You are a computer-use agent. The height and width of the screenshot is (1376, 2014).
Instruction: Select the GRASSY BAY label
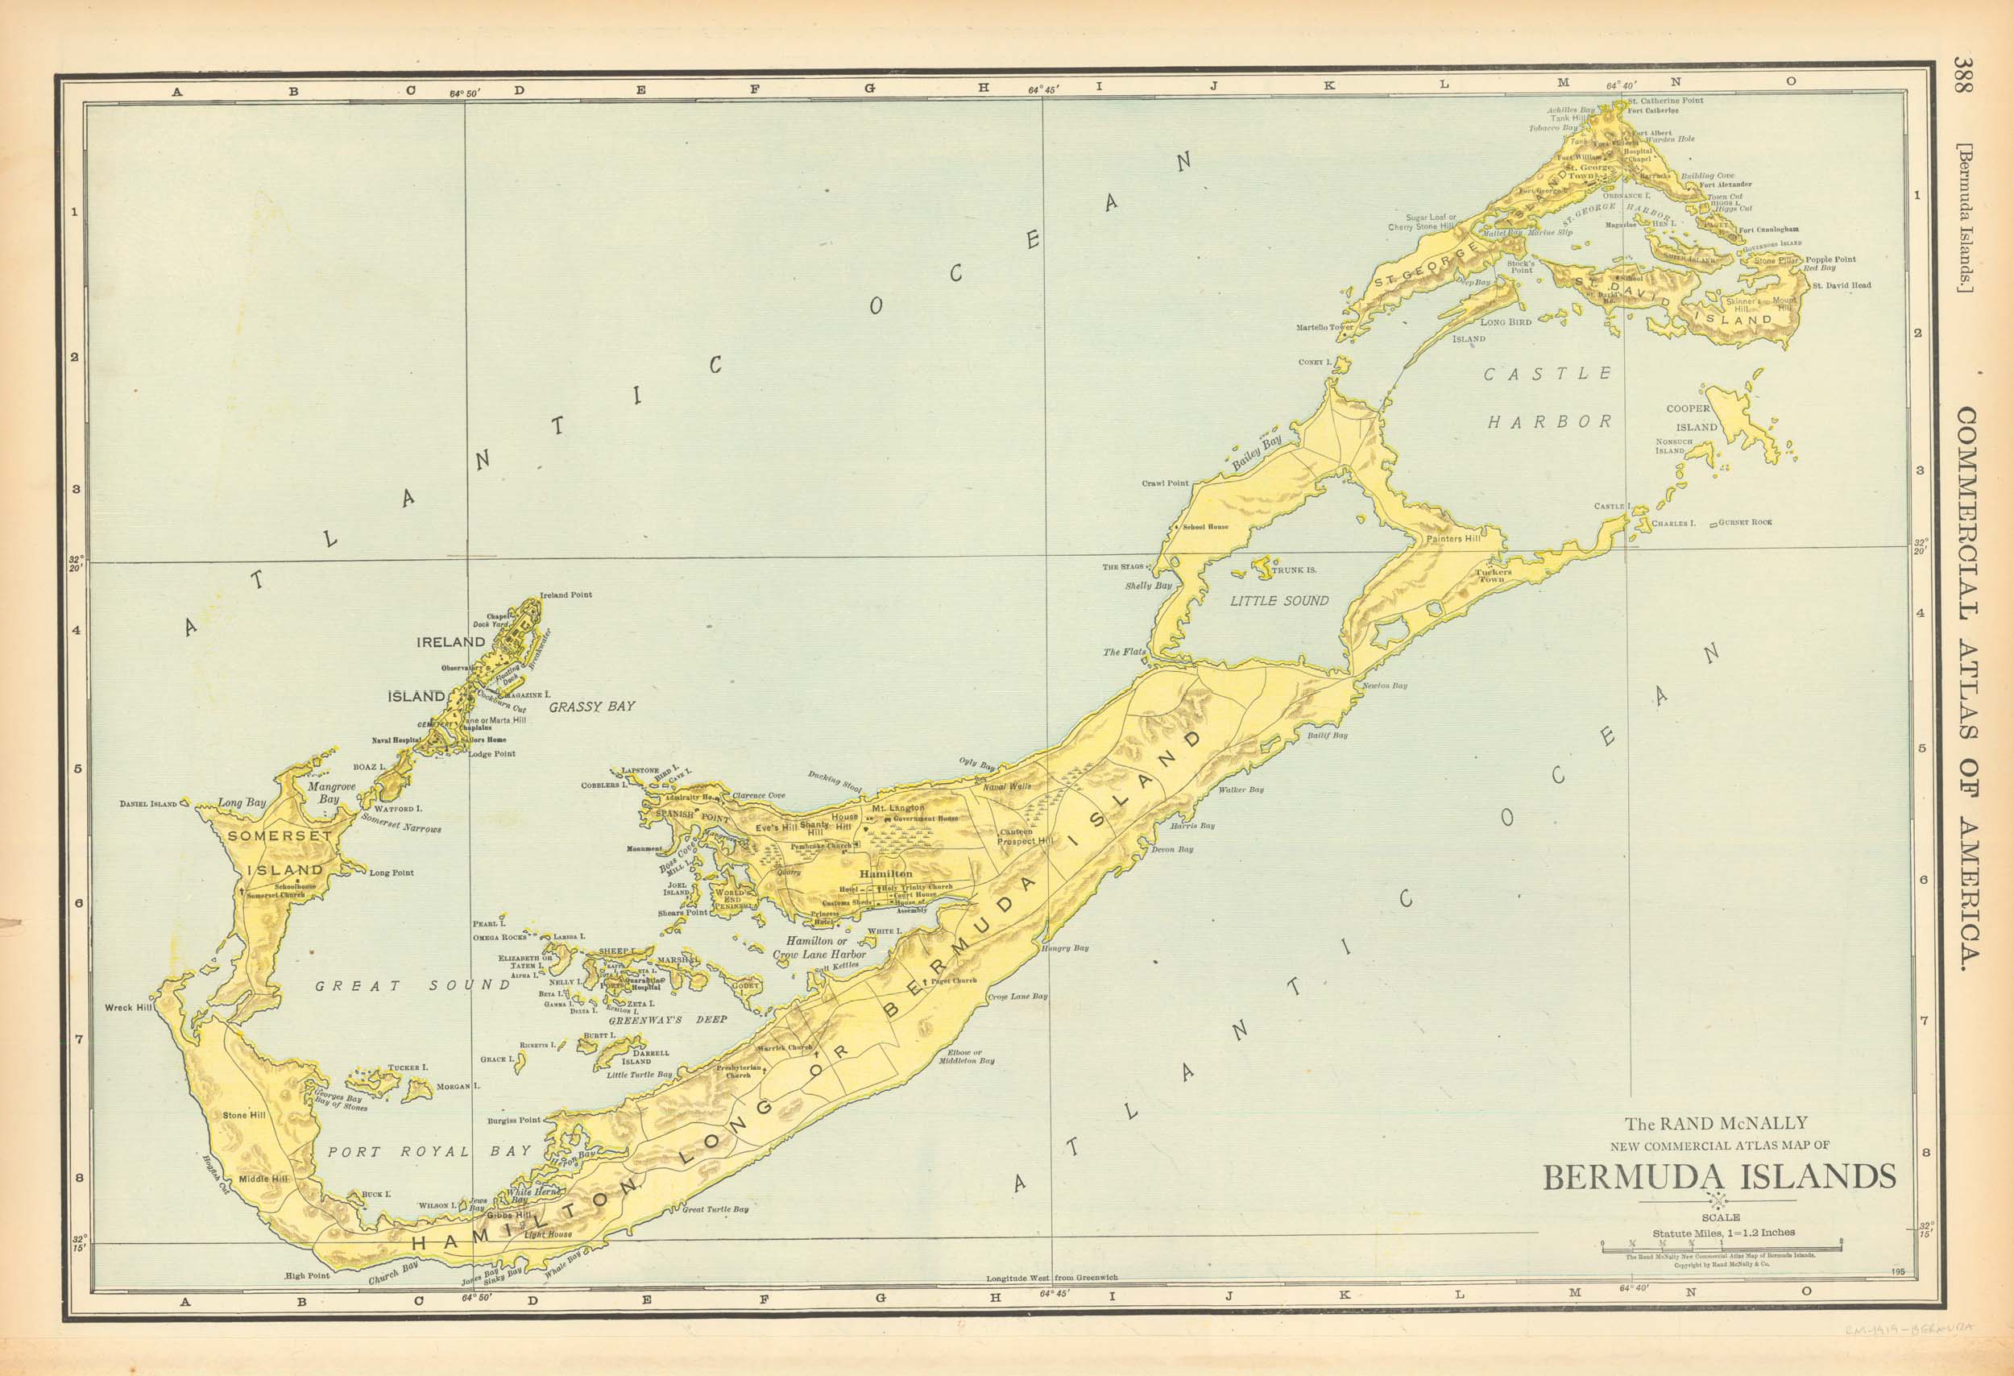pos(592,707)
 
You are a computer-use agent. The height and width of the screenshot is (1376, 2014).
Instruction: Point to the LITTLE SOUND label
pos(1279,600)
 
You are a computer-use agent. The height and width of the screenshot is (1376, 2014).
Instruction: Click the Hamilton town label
pos(885,874)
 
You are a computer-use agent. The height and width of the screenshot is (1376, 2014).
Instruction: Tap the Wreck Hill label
pos(128,1008)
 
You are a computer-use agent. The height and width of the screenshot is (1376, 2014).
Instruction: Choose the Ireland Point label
pos(566,595)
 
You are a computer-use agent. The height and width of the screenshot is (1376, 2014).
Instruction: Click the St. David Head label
pos(1842,285)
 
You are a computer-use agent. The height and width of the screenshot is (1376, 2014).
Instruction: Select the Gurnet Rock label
pos(1746,523)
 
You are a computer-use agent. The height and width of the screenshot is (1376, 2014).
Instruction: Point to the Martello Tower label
pos(1324,328)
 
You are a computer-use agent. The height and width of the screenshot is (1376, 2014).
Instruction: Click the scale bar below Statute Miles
pos(1721,1243)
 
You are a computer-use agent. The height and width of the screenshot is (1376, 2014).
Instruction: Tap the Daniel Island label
pos(148,804)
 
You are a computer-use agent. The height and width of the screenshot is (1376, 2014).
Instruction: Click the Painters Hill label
pos(1453,539)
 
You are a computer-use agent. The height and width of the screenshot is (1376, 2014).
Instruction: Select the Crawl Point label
pos(1165,483)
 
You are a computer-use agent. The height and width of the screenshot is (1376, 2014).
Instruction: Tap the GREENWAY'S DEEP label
pos(667,1020)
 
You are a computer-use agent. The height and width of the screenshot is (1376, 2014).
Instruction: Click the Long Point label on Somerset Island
pos(392,872)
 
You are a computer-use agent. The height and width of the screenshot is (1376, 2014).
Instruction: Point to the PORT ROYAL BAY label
pos(429,1151)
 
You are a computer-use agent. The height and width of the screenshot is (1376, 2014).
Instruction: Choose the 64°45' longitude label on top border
pos(1043,89)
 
